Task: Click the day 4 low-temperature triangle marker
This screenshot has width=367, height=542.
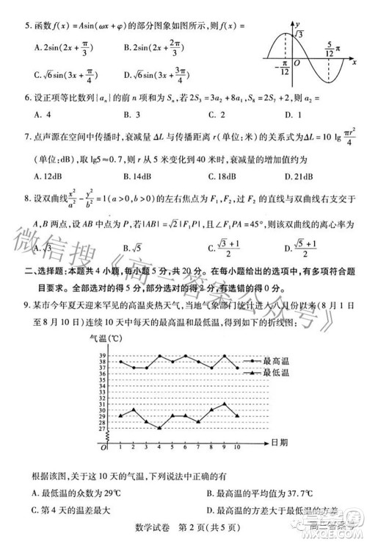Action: (x=160, y=427)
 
